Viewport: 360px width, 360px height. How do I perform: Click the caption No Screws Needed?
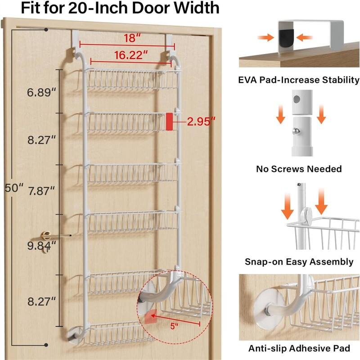tap(299, 169)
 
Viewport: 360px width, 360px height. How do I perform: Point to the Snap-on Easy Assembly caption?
tap(299, 261)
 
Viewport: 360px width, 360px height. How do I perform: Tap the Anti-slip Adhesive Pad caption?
tap(299, 348)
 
